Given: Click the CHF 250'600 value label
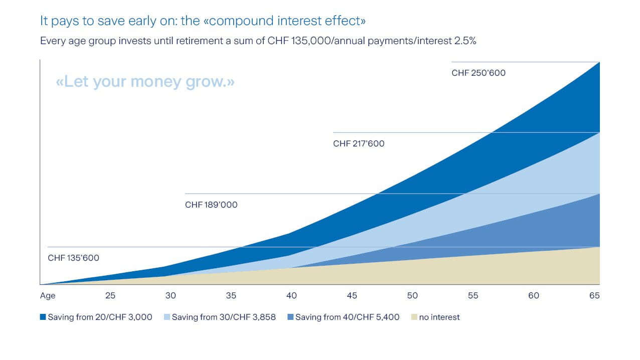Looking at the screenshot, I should (478, 73).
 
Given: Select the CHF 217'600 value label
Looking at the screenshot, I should (359, 144).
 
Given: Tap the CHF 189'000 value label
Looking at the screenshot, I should (211, 205).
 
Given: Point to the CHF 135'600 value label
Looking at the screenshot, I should (73, 258).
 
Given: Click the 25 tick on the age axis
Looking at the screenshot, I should (110, 296).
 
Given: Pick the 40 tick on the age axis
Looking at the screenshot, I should (291, 296).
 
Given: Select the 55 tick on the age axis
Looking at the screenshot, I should (473, 296).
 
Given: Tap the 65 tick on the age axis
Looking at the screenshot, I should (594, 296).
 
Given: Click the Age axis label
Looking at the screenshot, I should (48, 296).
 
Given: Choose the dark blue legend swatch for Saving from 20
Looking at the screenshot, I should (43, 317).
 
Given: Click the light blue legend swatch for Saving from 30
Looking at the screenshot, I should (167, 317).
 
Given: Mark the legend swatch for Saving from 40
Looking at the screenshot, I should (290, 317).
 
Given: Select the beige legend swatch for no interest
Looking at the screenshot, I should (414, 317).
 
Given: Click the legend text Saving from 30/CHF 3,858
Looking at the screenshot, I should (224, 317).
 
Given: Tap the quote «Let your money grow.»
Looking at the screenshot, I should (145, 81).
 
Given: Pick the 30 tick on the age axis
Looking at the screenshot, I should (171, 296).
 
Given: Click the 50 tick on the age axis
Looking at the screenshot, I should (412, 296).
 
